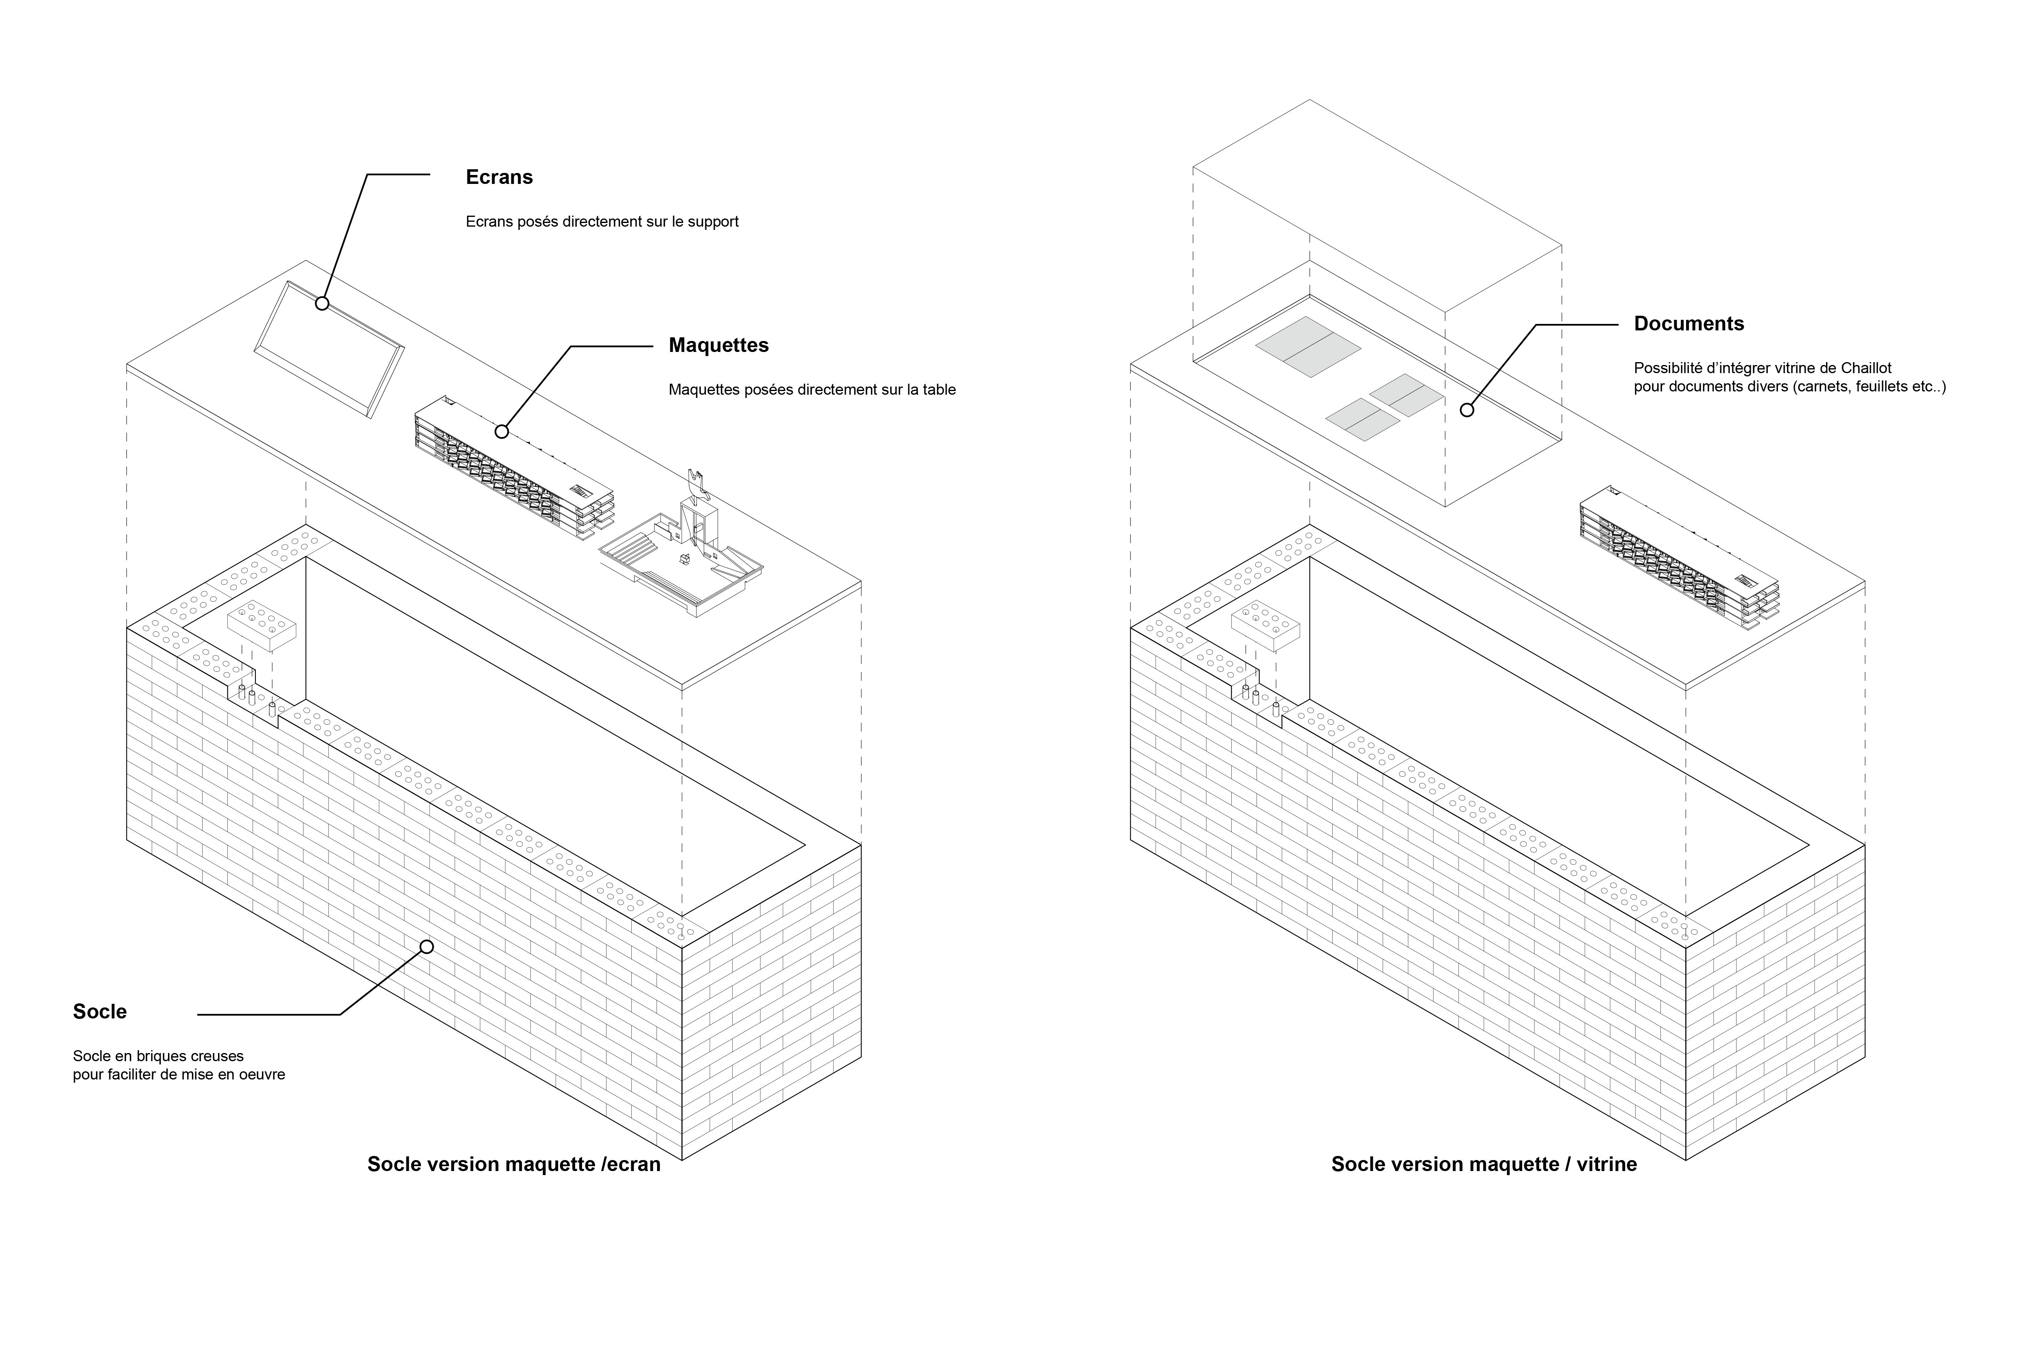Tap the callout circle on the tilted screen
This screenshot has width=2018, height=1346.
(322, 303)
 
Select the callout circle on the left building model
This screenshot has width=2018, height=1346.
(502, 432)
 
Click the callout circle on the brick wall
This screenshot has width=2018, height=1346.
(426, 947)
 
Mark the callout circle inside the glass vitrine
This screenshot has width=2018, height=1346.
(1467, 410)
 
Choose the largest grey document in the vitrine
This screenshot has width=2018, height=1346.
(1308, 347)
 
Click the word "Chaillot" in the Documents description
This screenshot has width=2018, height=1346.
(1866, 368)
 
